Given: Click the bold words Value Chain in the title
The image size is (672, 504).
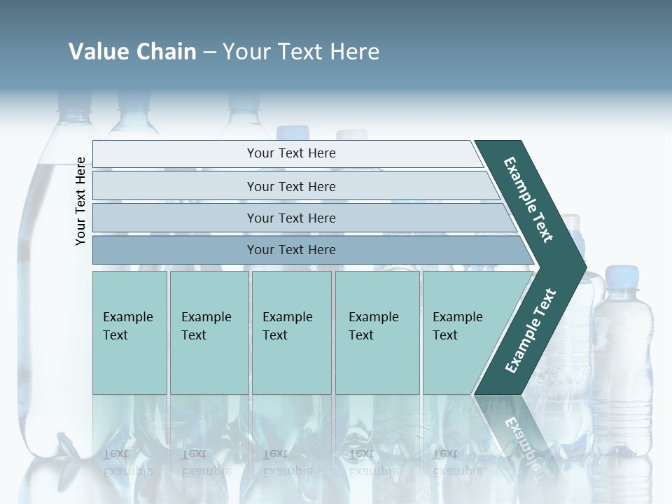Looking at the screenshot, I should [x=132, y=52].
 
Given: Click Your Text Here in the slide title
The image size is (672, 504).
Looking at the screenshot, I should [x=301, y=52].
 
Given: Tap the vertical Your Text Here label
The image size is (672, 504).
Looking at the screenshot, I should [x=80, y=201].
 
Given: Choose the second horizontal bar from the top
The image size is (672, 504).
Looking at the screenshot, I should [x=291, y=186].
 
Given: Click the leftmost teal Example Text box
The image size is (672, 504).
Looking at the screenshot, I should [x=129, y=332].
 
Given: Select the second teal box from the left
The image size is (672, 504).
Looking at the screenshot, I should [x=209, y=332].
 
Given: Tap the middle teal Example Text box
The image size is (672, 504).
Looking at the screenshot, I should [x=291, y=332].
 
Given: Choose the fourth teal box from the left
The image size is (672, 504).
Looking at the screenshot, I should [x=377, y=332].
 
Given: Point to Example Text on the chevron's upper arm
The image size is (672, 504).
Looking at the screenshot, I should [x=528, y=199].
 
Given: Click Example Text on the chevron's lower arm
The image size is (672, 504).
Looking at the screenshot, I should [x=530, y=331].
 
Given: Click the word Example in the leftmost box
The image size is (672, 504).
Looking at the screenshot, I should [x=127, y=317].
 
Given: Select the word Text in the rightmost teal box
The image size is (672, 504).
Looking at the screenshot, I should [x=445, y=335].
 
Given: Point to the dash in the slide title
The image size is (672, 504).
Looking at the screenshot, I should [x=209, y=52].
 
